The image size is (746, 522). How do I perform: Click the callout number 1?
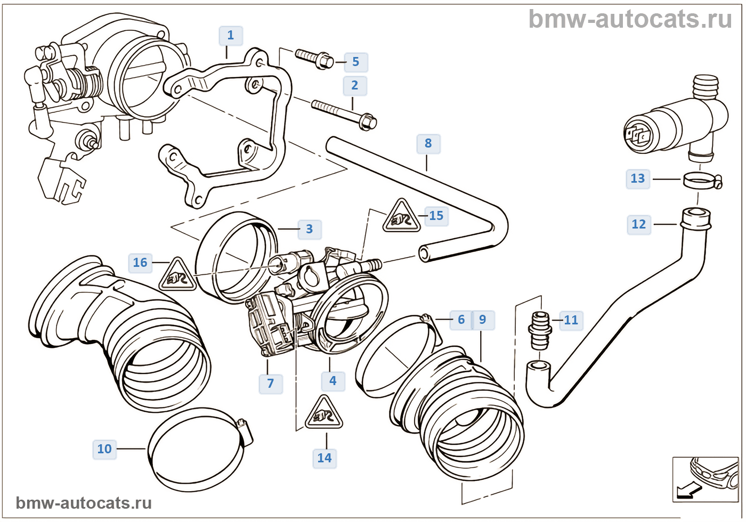[231, 36]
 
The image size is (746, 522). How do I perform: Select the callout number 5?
[355, 62]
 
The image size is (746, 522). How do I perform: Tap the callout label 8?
[428, 144]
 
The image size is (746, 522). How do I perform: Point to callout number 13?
[638, 179]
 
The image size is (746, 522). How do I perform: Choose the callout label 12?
[638, 225]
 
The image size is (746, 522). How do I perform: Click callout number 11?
[571, 321]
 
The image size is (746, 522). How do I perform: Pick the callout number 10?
[104, 450]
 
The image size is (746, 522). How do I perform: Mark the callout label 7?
[271, 384]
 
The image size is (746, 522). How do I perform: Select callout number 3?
[309, 230]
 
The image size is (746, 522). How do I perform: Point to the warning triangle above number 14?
[324, 414]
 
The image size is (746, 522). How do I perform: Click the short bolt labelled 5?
[314, 58]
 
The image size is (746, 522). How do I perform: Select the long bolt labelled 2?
[344, 113]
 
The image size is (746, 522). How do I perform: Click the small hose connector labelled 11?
[539, 330]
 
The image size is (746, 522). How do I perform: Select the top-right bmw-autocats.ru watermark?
[630, 19]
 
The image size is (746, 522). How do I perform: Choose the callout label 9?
[482, 320]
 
